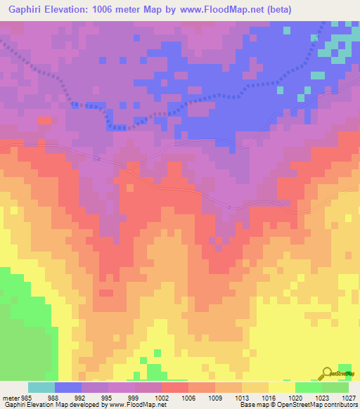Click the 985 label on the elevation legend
coord(26,397)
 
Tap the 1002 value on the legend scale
coord(162,397)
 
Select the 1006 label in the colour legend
coord(188,397)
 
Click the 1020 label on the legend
coord(295,397)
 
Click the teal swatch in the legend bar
coord(41,387)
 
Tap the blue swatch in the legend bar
coord(68,387)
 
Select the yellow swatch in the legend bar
coord(281,387)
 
